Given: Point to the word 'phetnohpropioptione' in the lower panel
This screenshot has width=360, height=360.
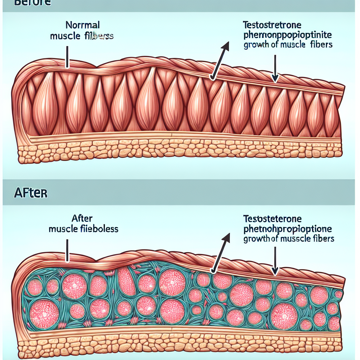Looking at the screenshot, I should coord(288,229).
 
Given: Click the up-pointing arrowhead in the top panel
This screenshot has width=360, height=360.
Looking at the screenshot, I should coord(225,46).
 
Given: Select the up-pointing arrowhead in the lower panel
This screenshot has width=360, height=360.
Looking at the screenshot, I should coord(226,238).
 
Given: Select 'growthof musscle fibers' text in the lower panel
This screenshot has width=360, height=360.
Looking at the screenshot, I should coord(288,239).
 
